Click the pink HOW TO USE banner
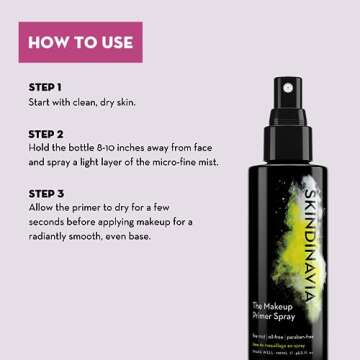tap(85, 42)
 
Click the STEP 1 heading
tap(46, 86)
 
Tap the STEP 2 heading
tap(46, 133)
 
